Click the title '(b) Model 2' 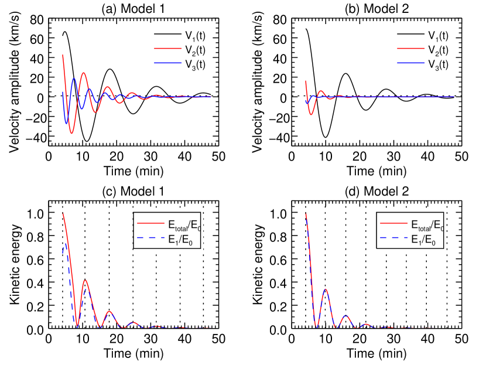(x=375, y=8)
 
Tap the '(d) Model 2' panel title (x=375, y=192)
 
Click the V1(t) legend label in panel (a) (x=192, y=35)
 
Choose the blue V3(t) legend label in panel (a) (x=192, y=64)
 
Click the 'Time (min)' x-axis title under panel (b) (x=375, y=171)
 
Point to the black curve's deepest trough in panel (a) (x=87, y=141)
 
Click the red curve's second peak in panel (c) (x=85, y=279)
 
